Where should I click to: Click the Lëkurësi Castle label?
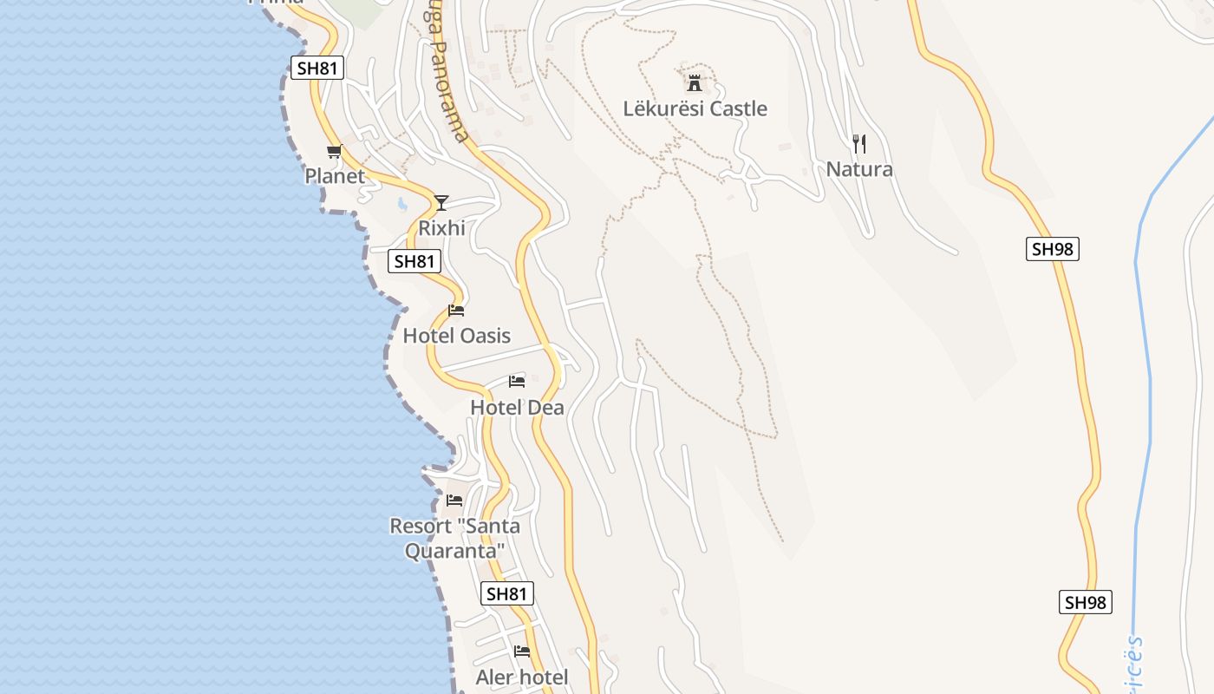point(695,108)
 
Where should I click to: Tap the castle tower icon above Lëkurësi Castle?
point(694,83)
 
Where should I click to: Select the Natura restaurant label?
point(858,169)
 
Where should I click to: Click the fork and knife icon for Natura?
point(858,143)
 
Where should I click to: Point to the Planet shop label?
point(335,176)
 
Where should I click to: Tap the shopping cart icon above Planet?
point(334,152)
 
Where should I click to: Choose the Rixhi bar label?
point(441,228)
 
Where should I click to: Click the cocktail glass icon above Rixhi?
point(441,203)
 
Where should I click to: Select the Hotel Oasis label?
point(456,336)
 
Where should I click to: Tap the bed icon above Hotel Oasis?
point(456,311)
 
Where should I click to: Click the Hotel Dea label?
point(517,408)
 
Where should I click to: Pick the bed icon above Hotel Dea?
point(517,382)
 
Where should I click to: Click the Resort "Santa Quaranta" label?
point(454,538)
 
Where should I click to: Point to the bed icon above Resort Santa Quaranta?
point(454,501)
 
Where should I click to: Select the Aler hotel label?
point(522,678)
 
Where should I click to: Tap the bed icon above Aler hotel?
point(522,651)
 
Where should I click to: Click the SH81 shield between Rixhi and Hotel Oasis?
point(415,261)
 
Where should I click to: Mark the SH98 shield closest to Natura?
point(1053,250)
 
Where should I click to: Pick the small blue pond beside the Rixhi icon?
point(402,206)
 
